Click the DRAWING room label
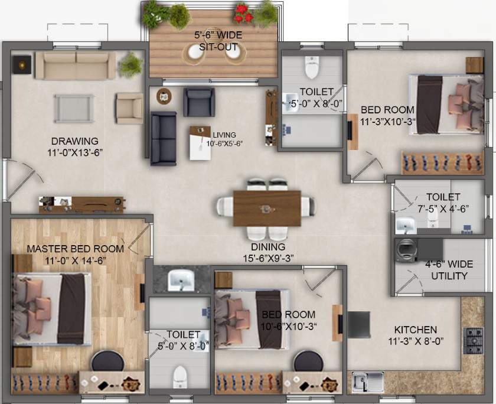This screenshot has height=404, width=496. (x=74, y=141)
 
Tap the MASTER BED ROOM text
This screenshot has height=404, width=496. (x=75, y=249)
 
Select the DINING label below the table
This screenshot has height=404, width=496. (x=267, y=246)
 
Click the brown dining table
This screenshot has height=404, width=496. (x=267, y=207)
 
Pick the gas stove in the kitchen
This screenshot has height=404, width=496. (x=474, y=338)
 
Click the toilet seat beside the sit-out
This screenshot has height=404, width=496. (x=311, y=67)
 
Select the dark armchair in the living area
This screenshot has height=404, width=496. (x=198, y=102)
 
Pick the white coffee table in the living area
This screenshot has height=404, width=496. (x=200, y=143)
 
